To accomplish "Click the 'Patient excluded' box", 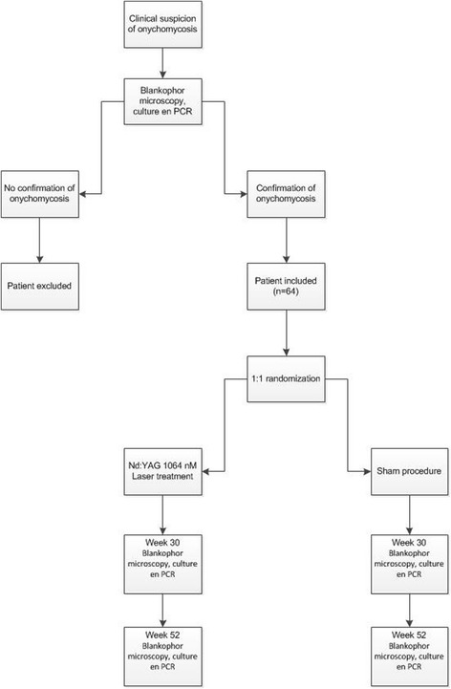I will tap(39, 285).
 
